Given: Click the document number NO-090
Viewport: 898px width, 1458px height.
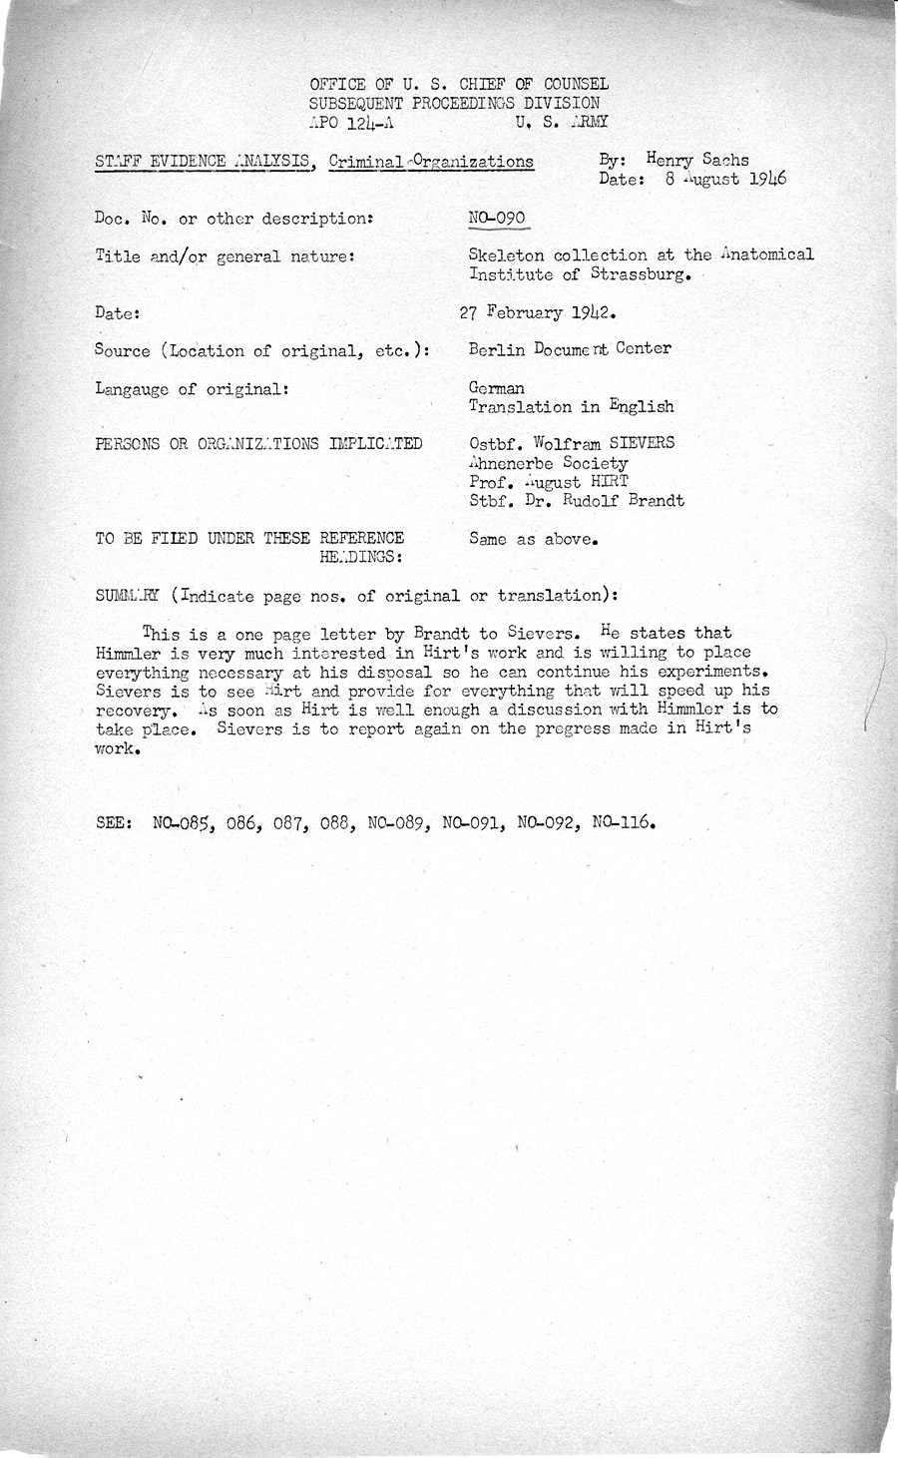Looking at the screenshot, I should point(496,218).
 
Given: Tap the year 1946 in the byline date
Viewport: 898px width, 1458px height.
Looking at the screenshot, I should point(765,180).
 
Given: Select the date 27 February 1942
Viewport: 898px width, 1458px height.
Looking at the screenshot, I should point(536,311).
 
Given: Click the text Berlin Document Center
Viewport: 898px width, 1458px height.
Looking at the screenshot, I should point(569,348).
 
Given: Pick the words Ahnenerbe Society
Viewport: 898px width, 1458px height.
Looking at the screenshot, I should point(548,463).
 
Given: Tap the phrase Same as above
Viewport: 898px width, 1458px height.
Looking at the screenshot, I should point(533,540).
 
